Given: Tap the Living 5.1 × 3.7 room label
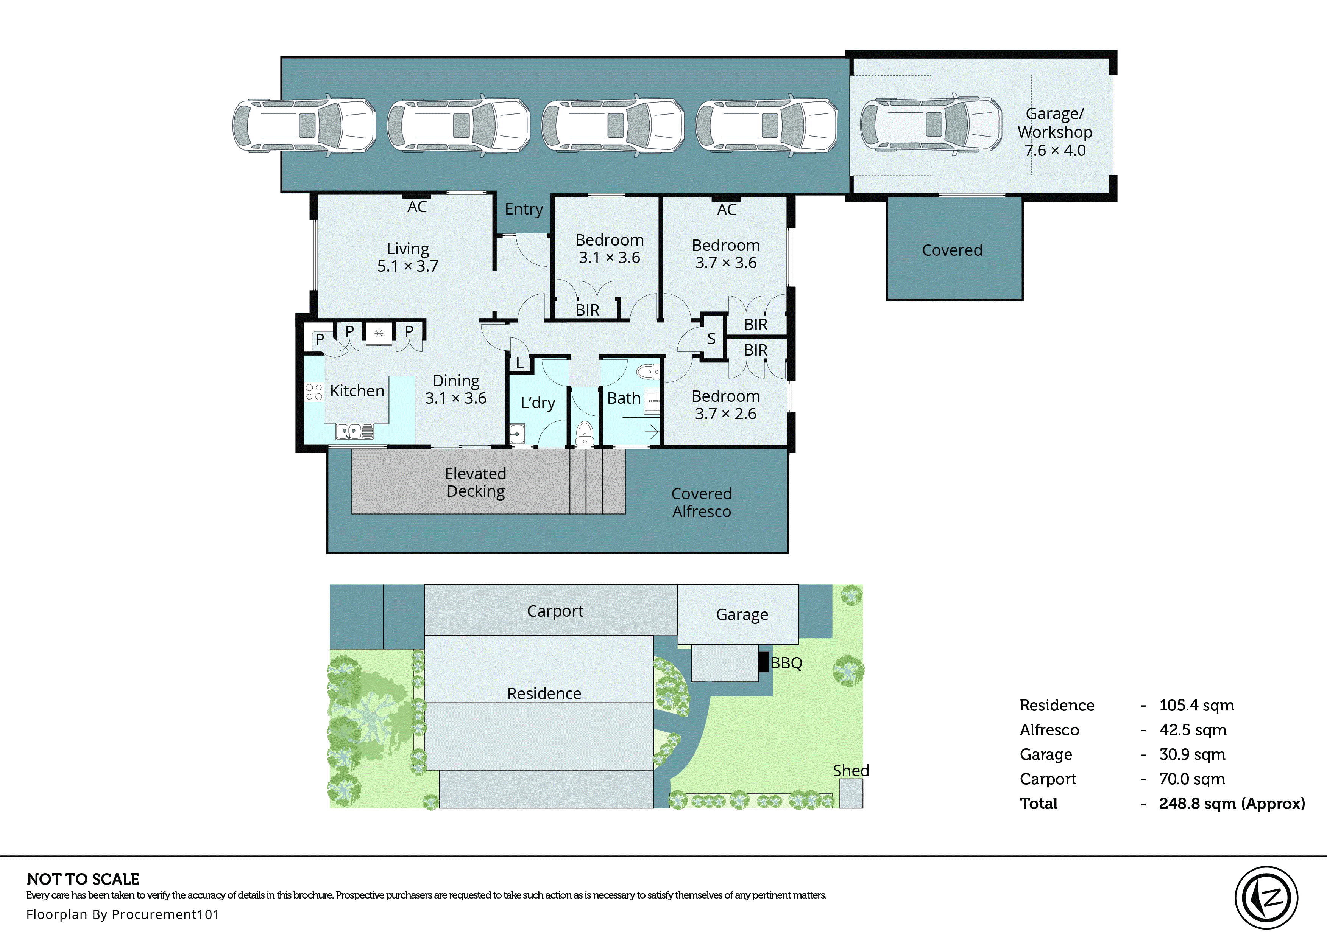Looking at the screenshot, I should (408, 257).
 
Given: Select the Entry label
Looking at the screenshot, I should (524, 209).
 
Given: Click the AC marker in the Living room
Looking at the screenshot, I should (417, 207).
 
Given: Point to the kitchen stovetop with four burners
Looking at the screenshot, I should (314, 392).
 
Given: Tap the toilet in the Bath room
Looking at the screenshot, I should (647, 371).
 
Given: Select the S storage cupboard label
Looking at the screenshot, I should (711, 339).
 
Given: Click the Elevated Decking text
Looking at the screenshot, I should (476, 482).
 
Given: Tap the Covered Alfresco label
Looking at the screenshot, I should (701, 502).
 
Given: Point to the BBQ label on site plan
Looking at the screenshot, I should (786, 663).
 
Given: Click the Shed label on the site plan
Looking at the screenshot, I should (850, 771).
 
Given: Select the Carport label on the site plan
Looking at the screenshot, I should (555, 611).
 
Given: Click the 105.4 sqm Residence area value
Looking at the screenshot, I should (1196, 706).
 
